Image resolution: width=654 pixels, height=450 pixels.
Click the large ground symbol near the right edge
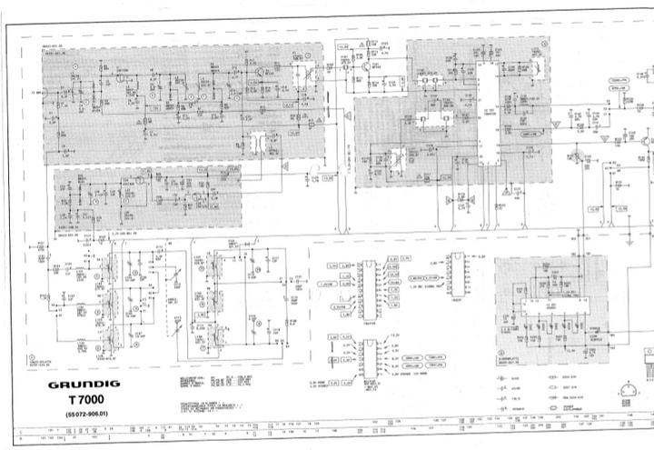[x=629, y=242]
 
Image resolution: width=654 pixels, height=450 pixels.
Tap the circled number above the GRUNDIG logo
[x=33, y=359]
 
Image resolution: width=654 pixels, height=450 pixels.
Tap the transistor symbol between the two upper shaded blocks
[x=369, y=65]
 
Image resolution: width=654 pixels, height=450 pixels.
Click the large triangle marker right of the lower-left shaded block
[x=284, y=166]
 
